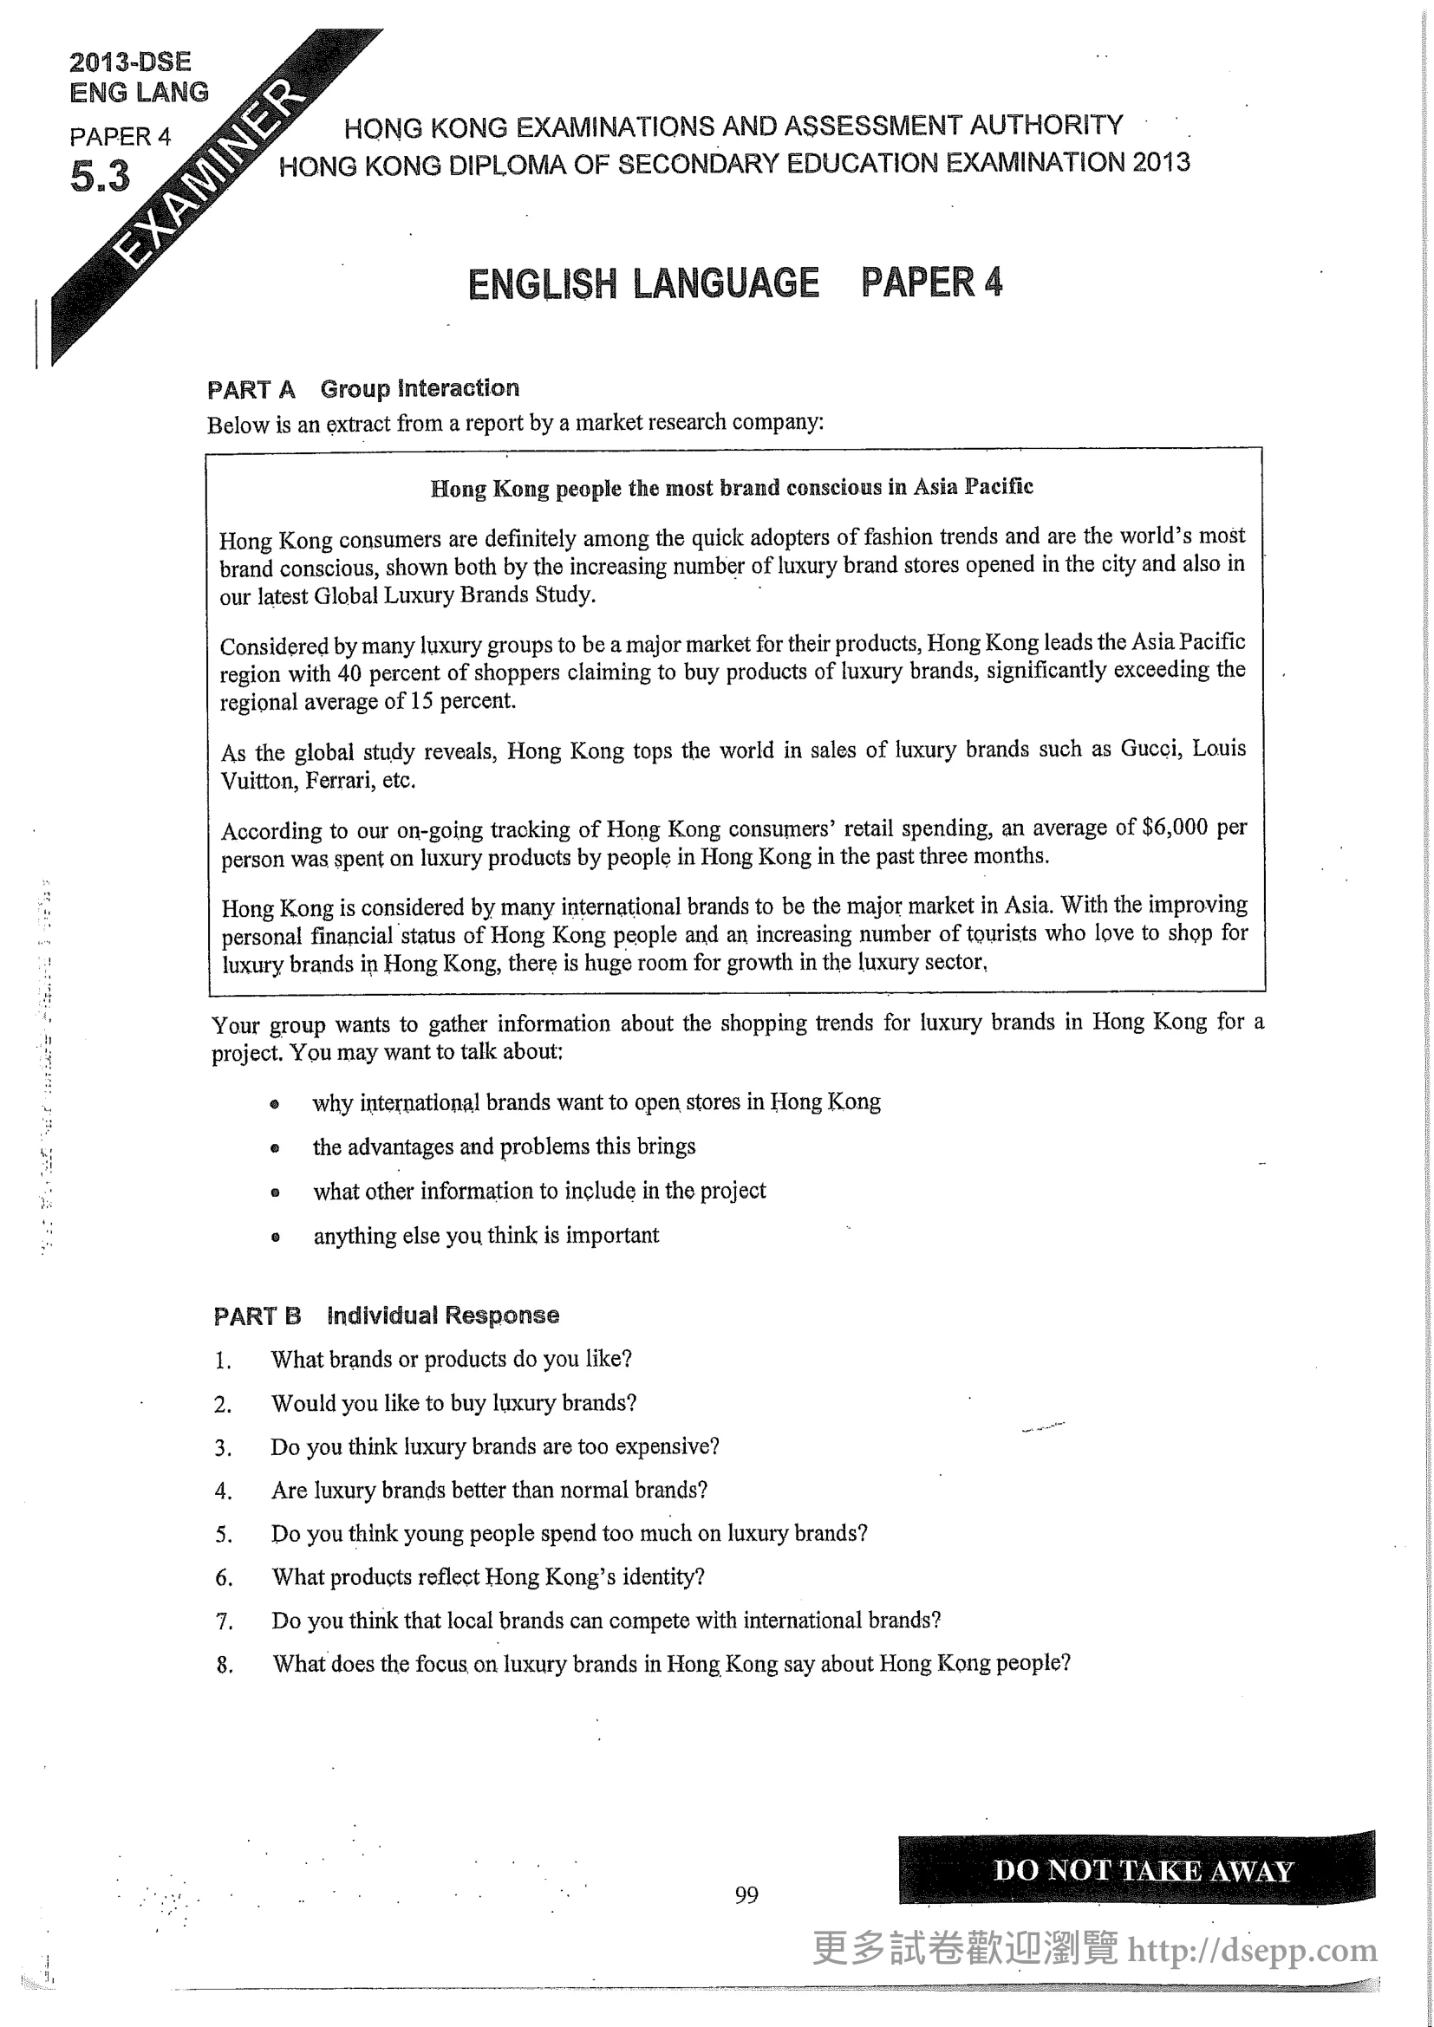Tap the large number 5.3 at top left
click(x=100, y=177)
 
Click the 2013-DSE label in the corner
click(x=130, y=62)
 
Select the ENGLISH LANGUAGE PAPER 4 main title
click(x=733, y=283)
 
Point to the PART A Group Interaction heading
click(x=363, y=388)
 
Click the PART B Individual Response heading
click(x=386, y=1316)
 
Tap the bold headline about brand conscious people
click(x=731, y=487)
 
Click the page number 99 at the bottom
click(x=746, y=1894)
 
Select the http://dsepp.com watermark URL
click(x=1252, y=1950)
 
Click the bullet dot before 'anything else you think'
click(x=276, y=1237)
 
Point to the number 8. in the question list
click(x=225, y=1665)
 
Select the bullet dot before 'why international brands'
click(x=275, y=1103)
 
